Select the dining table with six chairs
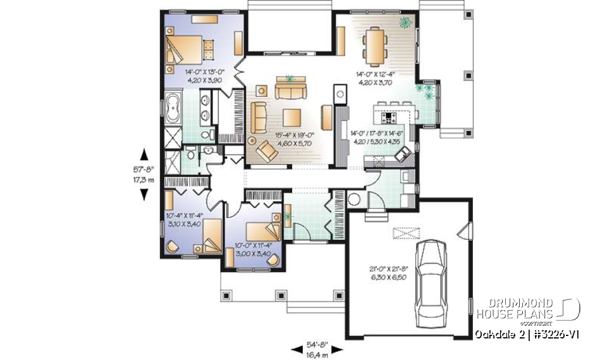pyautogui.click(x=376, y=46)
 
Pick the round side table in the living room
pyautogui.click(x=252, y=140)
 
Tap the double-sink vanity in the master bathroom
pyautogui.click(x=206, y=108)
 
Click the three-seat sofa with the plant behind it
pyautogui.click(x=290, y=90)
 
